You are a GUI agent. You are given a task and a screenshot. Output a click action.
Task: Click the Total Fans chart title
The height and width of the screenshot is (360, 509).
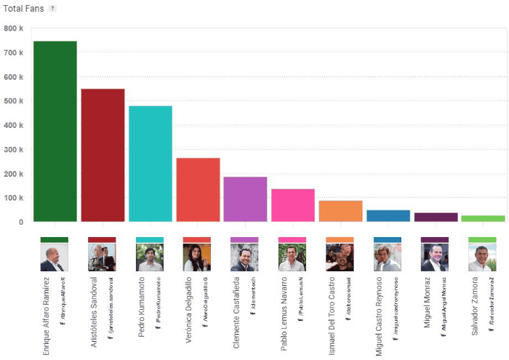(x=24, y=9)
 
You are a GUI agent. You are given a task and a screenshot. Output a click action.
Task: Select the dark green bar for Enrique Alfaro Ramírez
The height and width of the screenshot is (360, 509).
(x=55, y=131)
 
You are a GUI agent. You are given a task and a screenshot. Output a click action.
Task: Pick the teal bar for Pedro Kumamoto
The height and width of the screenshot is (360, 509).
(x=151, y=164)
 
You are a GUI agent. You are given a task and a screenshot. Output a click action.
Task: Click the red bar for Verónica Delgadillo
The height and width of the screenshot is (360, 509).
(x=198, y=190)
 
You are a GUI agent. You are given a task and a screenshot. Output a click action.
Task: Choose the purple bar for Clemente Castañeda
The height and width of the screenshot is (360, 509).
(x=245, y=199)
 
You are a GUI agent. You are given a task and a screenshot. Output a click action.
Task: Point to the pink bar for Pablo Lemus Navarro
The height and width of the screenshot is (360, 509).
(x=293, y=205)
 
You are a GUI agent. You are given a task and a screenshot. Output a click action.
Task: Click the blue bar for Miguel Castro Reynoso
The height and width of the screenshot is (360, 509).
(x=388, y=216)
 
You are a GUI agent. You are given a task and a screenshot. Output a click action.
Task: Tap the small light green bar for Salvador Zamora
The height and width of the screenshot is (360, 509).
(x=483, y=218)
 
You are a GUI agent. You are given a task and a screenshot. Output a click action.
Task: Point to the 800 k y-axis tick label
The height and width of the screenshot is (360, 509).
(x=14, y=29)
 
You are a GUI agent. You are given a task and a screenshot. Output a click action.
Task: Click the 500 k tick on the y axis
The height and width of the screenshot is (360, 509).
(x=14, y=101)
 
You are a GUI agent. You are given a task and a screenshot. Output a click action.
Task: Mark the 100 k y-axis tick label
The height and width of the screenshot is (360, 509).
(x=14, y=198)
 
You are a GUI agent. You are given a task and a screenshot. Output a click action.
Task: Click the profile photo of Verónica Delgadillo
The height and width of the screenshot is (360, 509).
(x=196, y=257)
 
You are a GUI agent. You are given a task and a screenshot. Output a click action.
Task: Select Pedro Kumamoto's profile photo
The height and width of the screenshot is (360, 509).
(x=149, y=257)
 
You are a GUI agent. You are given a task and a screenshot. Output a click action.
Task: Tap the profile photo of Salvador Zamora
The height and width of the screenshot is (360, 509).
(x=482, y=257)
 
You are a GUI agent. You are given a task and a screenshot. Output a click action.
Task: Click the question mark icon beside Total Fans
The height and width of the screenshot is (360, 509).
(x=52, y=9)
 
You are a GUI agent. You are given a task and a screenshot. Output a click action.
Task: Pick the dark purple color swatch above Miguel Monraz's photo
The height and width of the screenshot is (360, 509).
(x=435, y=239)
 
